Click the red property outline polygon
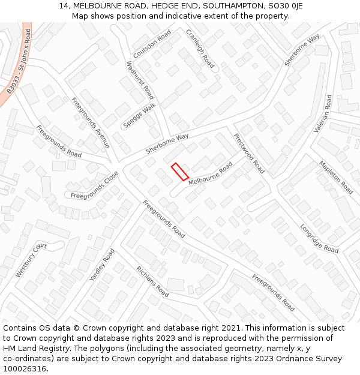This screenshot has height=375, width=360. [180, 172]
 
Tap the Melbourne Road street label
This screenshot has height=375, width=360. [211, 174]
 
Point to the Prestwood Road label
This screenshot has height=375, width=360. [249, 154]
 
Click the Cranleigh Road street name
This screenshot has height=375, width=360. [200, 49]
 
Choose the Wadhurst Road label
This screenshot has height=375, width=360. [140, 80]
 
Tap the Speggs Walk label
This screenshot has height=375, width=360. [139, 115]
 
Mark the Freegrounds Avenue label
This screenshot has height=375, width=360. [90, 123]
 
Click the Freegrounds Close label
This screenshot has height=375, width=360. [94, 186]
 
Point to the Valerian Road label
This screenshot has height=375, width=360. [323, 113]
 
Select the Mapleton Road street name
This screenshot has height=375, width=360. [336, 176]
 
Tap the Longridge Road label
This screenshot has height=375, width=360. [319, 238]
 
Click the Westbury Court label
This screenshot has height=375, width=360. [31, 260]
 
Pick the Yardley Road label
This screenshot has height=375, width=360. [101, 265]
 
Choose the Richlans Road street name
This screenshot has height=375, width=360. [152, 282]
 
